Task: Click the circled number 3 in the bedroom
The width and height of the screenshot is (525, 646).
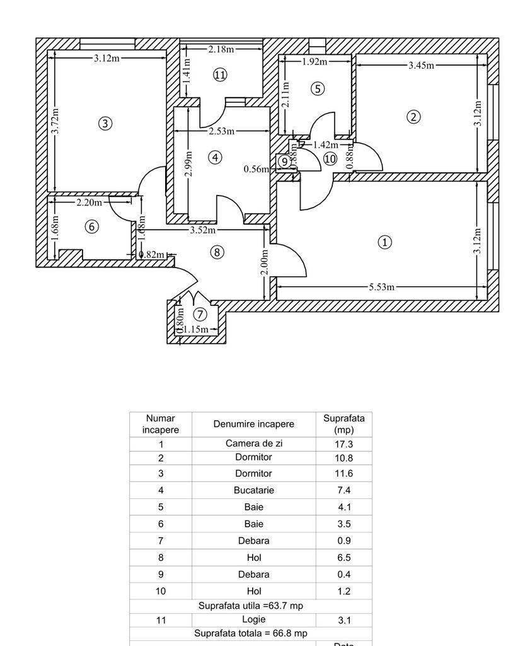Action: pos(106,124)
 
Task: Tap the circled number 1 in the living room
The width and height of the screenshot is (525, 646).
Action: pos(384,242)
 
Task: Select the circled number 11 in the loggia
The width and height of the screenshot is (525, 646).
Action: pos(219,75)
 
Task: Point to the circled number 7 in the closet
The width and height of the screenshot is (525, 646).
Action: pos(200,314)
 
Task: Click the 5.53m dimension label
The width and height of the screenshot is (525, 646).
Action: pos(381,287)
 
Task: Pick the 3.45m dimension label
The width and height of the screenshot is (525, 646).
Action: pos(421,64)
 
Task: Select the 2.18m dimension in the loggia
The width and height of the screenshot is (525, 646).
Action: pos(221,49)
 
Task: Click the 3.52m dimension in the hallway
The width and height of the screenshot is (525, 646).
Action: pos(202,230)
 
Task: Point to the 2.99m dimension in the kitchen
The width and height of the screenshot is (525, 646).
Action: pos(188,163)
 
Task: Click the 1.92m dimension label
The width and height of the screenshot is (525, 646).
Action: pos(314,61)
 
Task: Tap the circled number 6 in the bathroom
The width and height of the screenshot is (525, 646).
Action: pos(92,226)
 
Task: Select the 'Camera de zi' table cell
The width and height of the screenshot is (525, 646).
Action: pos(253,443)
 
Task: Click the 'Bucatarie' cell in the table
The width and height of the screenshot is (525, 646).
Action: pos(253,490)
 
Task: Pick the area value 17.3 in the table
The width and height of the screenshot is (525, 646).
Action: pos(343,444)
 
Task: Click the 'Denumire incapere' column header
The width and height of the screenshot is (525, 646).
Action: pos(253,425)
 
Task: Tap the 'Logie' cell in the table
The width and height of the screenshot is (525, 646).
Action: pos(253,620)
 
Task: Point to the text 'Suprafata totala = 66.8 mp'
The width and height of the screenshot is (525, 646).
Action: pos(250,633)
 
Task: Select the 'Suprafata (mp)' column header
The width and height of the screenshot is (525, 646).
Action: pos(343,424)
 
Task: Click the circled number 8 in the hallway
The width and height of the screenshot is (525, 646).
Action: pos(216,252)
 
